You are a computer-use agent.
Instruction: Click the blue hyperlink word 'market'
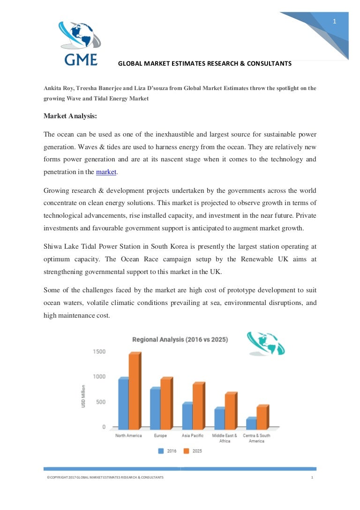pos(106,172)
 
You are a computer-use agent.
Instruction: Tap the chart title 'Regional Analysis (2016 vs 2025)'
pos(180,339)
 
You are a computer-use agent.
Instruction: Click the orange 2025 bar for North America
pos(134,392)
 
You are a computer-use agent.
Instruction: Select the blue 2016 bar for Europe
pos(155,409)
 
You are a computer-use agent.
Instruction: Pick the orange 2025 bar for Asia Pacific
pos(198,406)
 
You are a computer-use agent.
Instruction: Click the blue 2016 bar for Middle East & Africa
pos(219,419)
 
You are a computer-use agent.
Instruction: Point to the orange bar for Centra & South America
pos(262,418)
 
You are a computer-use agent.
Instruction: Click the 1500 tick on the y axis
pos(99,352)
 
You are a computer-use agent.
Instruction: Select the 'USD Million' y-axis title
pos(83,396)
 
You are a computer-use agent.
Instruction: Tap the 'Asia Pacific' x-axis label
pos(193,436)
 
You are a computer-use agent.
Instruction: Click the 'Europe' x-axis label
pos(160,436)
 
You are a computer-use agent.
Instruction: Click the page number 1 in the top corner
pos(334,21)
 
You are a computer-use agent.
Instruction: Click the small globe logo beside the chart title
pos(266,344)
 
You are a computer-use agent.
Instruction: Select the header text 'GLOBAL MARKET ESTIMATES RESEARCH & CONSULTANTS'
pos(204,63)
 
